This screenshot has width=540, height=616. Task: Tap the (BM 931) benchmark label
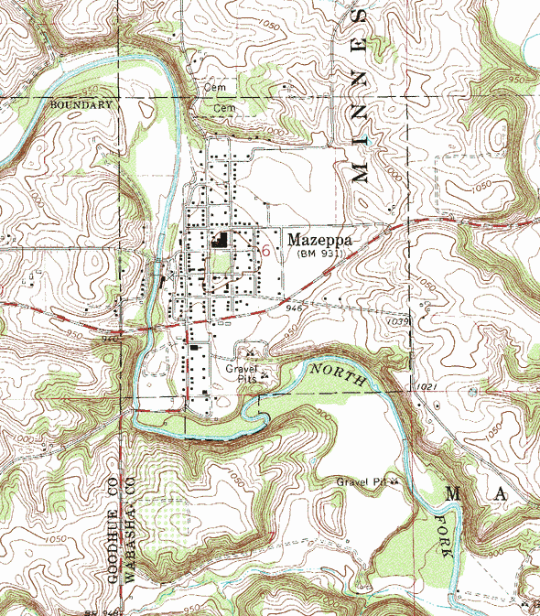(319, 254)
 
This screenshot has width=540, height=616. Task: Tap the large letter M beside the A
(453, 494)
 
